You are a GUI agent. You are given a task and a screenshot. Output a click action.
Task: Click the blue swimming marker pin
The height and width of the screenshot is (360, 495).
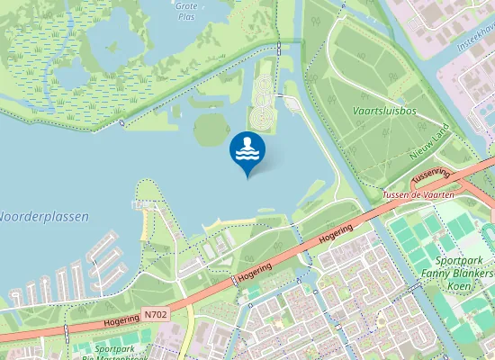point(247,151)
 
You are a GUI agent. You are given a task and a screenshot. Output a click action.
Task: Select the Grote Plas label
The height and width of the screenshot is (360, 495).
point(187,10)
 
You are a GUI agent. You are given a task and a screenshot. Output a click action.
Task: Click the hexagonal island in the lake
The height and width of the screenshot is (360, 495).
point(209,128)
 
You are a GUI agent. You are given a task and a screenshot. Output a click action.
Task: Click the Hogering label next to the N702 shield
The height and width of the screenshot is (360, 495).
point(121,319)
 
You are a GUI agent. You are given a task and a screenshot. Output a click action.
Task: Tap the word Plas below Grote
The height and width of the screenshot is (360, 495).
point(187,16)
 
